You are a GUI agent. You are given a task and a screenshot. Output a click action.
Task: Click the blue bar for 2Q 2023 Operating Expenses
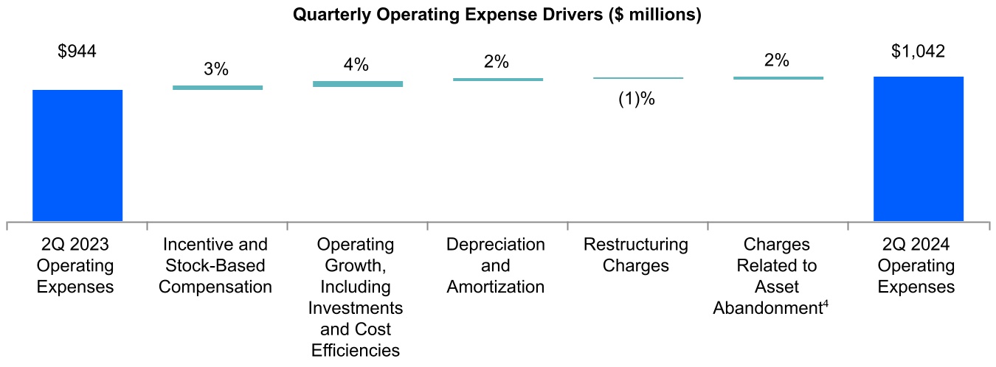(77, 155)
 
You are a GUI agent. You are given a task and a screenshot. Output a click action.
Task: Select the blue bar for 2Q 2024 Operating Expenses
(919, 148)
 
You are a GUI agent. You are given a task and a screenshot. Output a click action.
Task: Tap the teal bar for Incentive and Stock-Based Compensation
(218, 88)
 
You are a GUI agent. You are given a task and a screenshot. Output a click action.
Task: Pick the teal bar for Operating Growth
(358, 84)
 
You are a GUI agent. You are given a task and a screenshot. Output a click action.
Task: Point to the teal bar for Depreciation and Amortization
(498, 79)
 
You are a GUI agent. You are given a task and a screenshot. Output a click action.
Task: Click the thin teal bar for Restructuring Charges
(638, 77)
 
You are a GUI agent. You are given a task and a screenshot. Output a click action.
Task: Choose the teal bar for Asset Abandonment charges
(778, 77)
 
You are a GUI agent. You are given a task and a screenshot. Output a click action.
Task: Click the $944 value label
(77, 52)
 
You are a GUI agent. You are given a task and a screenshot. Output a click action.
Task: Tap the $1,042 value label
(919, 52)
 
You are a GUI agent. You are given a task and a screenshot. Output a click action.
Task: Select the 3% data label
(216, 70)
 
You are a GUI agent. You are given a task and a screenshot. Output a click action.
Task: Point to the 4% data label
(356, 65)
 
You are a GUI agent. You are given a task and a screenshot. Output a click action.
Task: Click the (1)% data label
(637, 99)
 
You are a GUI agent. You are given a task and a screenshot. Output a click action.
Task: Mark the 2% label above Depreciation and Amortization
(497, 61)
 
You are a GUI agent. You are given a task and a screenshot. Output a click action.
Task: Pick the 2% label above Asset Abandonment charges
(777, 60)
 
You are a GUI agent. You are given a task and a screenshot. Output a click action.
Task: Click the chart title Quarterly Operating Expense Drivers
(497, 15)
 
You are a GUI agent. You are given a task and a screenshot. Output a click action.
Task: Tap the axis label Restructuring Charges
(636, 254)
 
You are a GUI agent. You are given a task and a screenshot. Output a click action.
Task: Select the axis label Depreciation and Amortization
(496, 265)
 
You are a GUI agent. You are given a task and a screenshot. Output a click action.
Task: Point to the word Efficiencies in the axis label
(355, 350)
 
